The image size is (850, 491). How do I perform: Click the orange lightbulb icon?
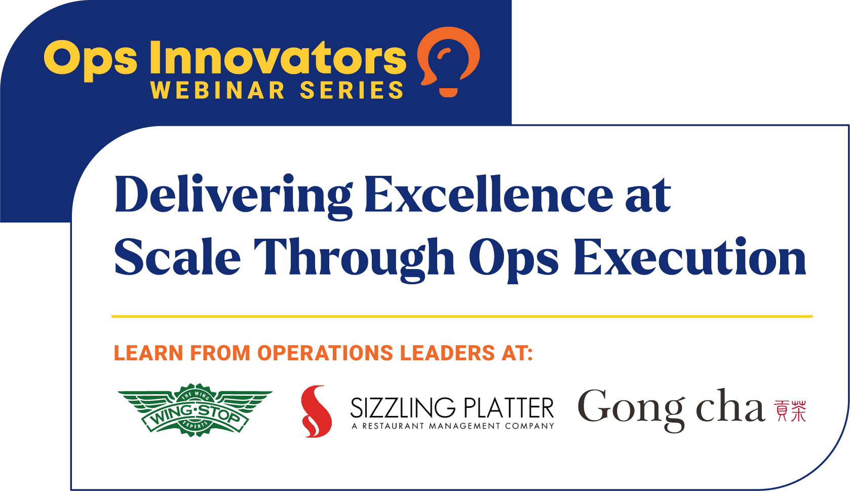448,61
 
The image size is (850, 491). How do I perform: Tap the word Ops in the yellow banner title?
90,60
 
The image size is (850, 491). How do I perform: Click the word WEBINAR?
218,91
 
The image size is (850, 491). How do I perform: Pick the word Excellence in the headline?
488,195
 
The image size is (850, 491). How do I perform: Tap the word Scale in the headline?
177,257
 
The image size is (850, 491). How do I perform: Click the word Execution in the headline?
689,257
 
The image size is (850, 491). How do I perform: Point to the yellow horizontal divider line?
462,316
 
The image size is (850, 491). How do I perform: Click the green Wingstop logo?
195,409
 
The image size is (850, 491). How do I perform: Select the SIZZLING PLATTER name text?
452,408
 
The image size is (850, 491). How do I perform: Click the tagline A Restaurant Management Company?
453,426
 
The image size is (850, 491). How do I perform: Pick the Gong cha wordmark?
671,408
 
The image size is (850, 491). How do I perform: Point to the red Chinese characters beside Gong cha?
790,411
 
